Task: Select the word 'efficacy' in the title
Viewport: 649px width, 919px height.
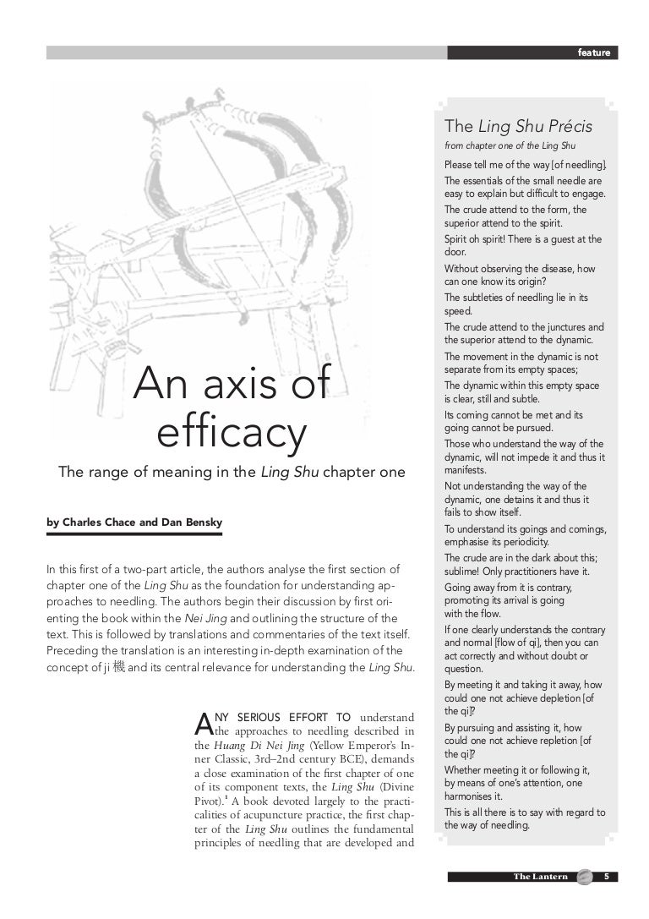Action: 231,434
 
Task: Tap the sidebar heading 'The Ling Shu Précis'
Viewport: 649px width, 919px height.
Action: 518,127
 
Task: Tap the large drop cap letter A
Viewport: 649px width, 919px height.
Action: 202,721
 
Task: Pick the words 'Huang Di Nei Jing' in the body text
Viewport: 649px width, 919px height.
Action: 260,747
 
